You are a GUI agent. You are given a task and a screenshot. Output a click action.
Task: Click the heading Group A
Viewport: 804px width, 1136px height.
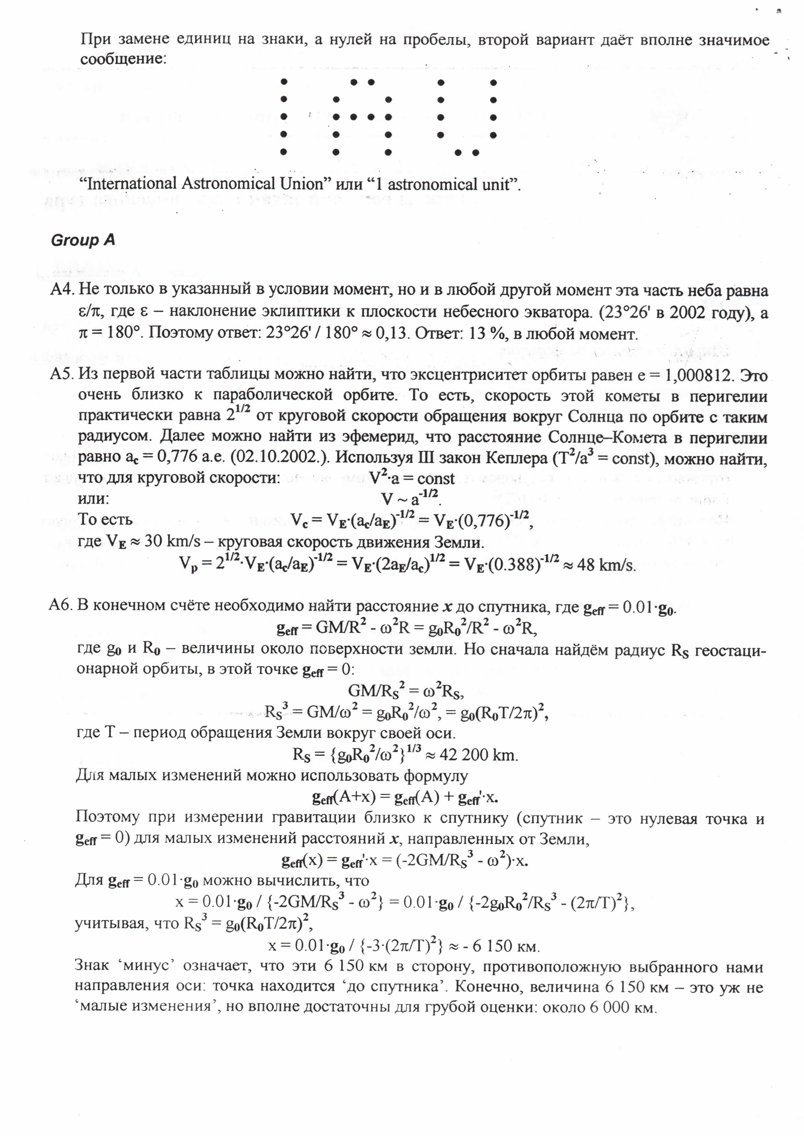[83, 241]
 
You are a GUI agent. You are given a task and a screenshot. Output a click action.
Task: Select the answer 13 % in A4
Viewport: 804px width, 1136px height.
[485, 334]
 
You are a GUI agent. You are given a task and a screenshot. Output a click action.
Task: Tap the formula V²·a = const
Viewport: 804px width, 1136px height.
[412, 478]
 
